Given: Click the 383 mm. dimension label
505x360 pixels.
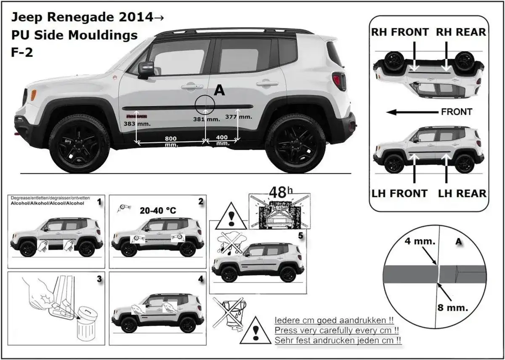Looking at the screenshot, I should click(137, 124).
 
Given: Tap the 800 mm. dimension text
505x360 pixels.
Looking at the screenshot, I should click(170, 141).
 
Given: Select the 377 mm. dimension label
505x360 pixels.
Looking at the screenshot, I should click(239, 117).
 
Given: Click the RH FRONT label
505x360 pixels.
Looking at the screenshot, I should click(400, 32).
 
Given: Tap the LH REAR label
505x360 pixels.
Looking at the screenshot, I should click(462, 193).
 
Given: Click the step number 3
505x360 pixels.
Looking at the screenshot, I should click(99, 279).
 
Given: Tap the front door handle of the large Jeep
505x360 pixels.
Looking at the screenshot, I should click(192, 86).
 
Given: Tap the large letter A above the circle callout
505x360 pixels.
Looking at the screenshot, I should click(219, 90).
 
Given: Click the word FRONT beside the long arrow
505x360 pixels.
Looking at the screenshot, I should click(457, 112).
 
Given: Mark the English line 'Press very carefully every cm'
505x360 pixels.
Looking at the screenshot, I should click(337, 330).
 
